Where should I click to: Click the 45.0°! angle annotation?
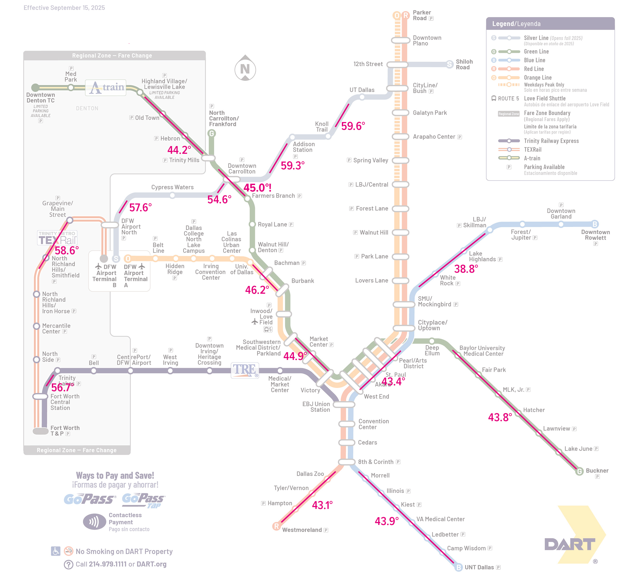[x=257, y=188]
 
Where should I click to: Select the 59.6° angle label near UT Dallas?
[x=353, y=126]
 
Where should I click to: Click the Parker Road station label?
[x=422, y=15]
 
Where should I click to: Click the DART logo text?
[x=570, y=544]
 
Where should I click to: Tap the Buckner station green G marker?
[x=579, y=471]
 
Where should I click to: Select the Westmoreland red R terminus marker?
[x=276, y=526]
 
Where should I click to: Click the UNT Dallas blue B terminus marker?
[x=458, y=567]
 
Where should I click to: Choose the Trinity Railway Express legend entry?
[x=551, y=141]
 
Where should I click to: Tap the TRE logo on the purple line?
[x=245, y=370]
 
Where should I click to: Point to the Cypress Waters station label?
[x=172, y=187]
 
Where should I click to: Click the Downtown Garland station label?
[x=561, y=214]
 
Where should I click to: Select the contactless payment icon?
[x=94, y=522]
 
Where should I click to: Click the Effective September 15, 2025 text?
[x=64, y=7]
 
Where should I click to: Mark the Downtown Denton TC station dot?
[x=35, y=87]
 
